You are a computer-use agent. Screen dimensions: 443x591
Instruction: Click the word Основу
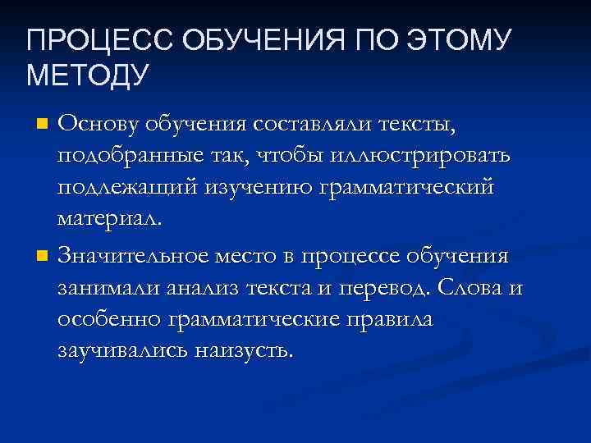pos(98,124)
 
